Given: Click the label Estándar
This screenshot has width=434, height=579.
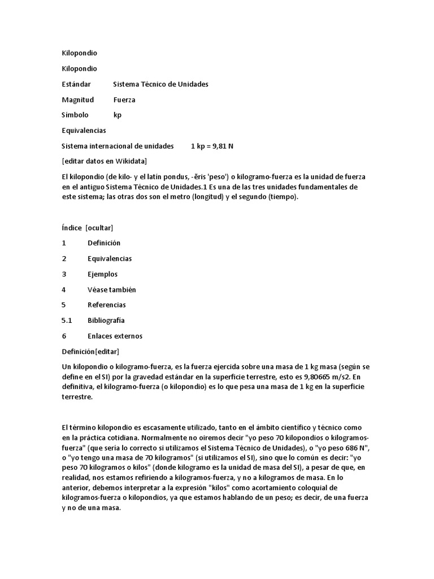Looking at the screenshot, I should [76, 84].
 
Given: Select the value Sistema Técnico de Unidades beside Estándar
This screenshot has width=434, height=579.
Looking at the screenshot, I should [160, 84].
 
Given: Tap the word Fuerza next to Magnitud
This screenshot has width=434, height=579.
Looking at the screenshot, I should [124, 100].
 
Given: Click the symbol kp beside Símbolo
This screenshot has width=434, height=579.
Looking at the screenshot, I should [118, 115].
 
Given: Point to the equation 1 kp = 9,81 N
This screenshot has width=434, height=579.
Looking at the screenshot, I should [212, 146].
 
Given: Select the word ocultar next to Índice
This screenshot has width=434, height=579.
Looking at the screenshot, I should [99, 227].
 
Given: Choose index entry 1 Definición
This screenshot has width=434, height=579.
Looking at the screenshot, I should [104, 243].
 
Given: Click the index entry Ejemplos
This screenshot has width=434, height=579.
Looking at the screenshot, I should [102, 274].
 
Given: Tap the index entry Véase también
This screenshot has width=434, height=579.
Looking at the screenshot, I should [111, 289].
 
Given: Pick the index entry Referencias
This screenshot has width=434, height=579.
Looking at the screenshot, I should [106, 305].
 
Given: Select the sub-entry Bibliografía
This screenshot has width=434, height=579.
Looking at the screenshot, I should [106, 320].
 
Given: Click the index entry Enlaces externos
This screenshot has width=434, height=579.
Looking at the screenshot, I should [115, 336].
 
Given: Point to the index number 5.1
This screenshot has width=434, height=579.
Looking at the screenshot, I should [67, 320].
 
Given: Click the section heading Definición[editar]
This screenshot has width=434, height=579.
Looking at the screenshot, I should [90, 351].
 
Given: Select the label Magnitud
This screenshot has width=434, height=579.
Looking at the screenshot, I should [77, 100].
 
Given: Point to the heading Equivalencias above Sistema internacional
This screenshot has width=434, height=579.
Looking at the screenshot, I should [84, 131].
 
